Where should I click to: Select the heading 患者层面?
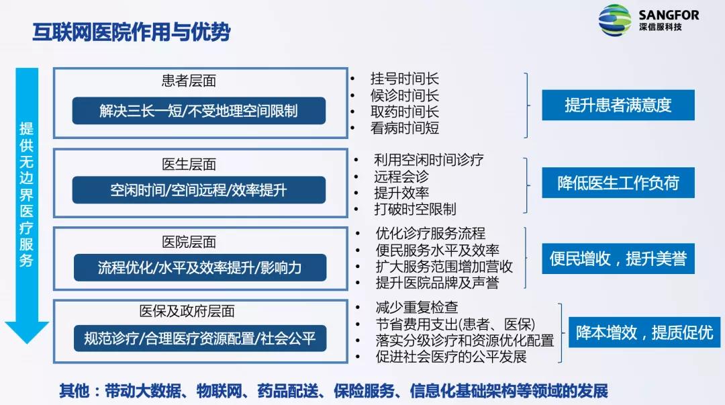(189, 81)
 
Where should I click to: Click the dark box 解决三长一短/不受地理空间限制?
(199, 111)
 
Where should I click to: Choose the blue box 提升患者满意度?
(618, 105)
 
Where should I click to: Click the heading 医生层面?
(189, 165)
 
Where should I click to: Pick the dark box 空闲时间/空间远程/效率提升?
(199, 190)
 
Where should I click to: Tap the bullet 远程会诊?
(401, 177)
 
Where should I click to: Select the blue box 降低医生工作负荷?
(618, 183)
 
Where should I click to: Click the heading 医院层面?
(189, 242)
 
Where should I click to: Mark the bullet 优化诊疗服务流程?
(430, 234)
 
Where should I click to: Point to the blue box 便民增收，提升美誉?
(618, 259)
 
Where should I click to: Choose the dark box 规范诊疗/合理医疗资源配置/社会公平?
(199, 338)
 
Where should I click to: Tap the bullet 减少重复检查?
(417, 308)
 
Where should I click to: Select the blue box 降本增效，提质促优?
(644, 332)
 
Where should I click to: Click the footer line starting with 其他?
(333, 391)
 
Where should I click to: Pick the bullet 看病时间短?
(404, 128)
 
